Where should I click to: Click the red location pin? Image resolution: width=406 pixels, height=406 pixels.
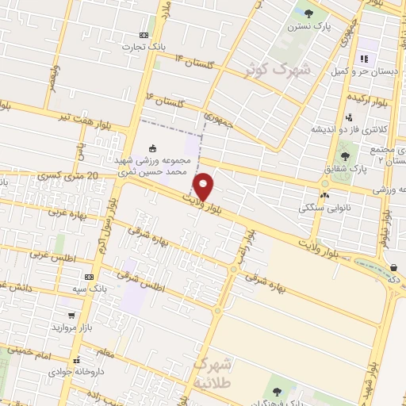(203, 187)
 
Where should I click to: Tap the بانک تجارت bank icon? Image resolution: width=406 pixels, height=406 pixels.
(144, 35)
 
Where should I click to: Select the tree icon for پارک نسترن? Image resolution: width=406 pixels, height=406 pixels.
(308, 13)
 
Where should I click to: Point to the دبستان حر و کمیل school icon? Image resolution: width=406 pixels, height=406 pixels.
(364, 59)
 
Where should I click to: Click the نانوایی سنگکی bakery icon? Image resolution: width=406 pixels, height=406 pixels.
(324, 195)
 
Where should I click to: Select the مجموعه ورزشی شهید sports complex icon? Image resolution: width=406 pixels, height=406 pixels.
(153, 147)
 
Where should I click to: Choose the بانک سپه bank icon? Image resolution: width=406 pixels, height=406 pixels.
(90, 278)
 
